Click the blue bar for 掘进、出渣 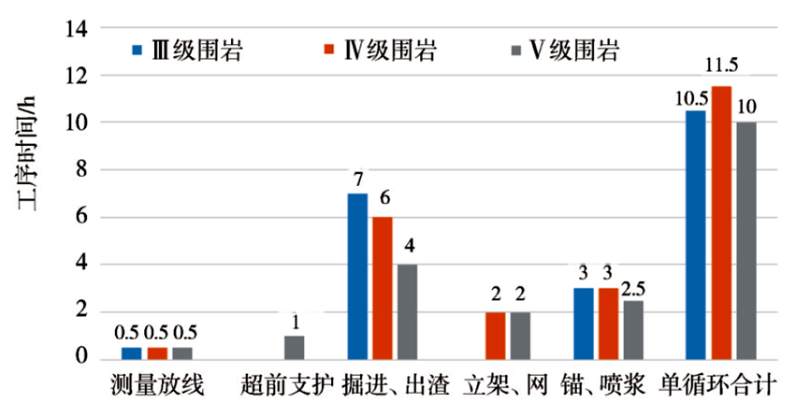(357, 276)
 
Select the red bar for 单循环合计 (721, 223)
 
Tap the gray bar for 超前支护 (294, 347)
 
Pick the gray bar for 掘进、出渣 (407, 311)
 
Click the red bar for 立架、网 (496, 335)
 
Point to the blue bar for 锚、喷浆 (584, 324)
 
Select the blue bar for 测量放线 (131, 353)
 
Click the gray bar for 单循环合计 (746, 240)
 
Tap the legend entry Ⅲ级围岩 (188, 50)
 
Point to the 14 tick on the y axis (79, 29)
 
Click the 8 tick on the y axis (83, 170)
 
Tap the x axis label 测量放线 (151, 383)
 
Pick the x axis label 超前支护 (287, 383)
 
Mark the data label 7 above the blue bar (358, 177)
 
